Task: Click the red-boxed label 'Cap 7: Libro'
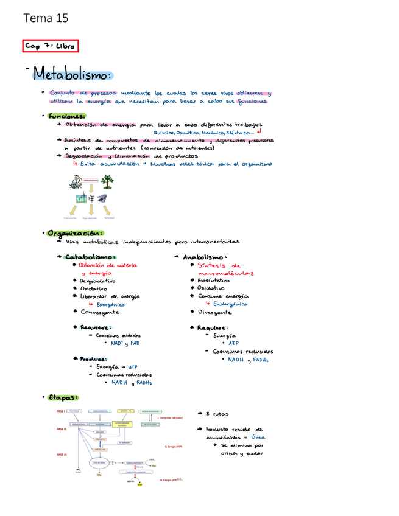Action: [x=51, y=47]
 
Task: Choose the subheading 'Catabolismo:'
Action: [x=91, y=256]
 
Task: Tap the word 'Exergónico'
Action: [x=110, y=303]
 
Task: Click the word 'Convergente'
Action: [x=99, y=312]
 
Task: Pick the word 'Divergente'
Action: [x=214, y=312]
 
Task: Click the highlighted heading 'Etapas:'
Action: [x=63, y=397]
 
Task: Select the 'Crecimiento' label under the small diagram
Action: [x=70, y=218]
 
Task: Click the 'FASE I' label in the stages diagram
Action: [x=61, y=411]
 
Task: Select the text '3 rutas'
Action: [x=216, y=414]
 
